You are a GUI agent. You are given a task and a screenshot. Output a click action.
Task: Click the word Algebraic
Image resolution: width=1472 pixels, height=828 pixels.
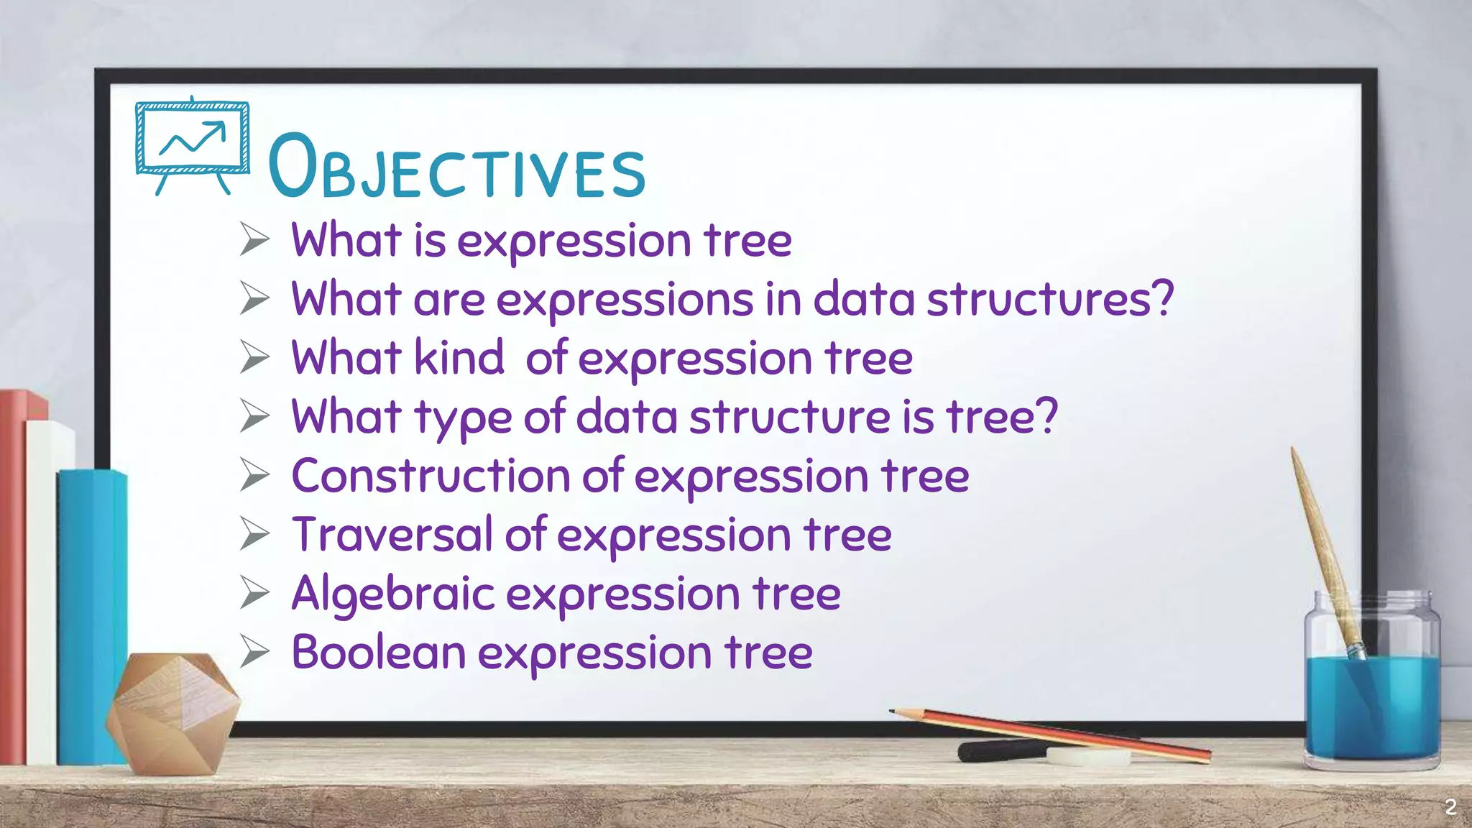click(x=393, y=594)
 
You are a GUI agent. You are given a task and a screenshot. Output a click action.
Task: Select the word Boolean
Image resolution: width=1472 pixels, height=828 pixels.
click(x=379, y=653)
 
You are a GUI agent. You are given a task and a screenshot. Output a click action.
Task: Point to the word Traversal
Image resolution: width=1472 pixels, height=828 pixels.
click(x=392, y=535)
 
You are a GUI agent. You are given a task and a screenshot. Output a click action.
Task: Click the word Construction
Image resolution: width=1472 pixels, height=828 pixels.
click(x=431, y=477)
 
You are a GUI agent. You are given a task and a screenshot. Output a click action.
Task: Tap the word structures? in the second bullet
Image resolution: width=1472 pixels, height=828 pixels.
click(x=1050, y=300)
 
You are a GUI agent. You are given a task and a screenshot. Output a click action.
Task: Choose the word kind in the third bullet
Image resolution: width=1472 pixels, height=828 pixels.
click(x=459, y=358)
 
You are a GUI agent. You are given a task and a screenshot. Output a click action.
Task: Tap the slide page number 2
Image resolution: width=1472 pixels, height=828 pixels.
click(x=1450, y=807)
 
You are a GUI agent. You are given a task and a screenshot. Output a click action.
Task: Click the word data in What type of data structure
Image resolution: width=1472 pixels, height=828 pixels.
click(x=626, y=418)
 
